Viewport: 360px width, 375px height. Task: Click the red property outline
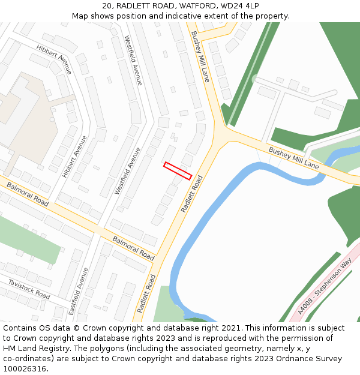click(x=178, y=170)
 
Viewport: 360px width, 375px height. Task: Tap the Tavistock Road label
click(x=29, y=289)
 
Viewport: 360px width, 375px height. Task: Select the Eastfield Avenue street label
click(x=79, y=291)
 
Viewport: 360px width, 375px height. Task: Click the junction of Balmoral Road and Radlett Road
click(x=157, y=261)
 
